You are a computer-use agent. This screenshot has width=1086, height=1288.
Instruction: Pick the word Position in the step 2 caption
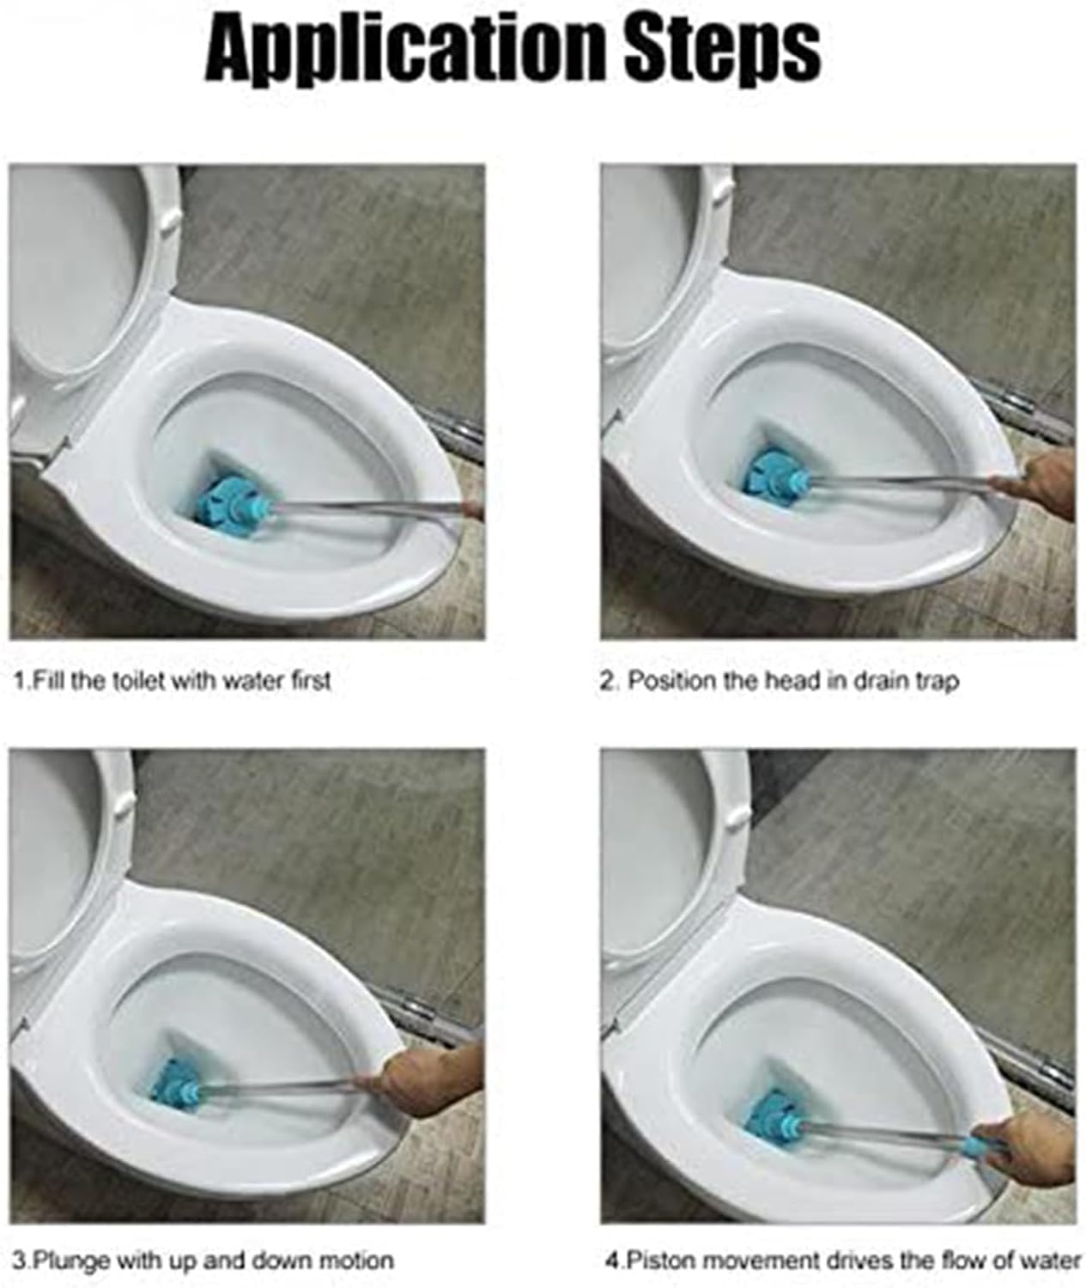click(x=671, y=682)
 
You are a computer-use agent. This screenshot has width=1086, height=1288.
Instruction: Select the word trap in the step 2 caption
click(x=937, y=683)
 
